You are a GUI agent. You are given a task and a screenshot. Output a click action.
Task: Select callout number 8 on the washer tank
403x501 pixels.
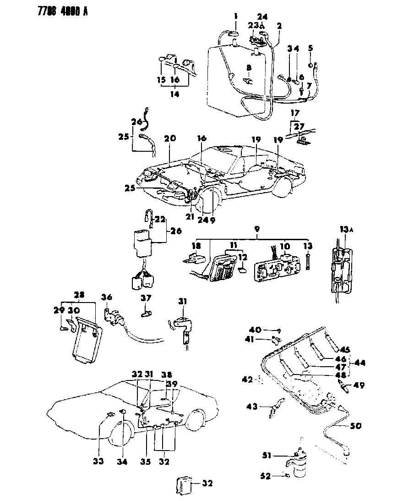point(249,67)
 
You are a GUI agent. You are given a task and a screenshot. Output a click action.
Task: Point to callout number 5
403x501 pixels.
point(310,48)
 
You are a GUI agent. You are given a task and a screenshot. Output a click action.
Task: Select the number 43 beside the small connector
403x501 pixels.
point(252,406)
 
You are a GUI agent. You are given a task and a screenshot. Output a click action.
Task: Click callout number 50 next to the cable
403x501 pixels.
point(355,426)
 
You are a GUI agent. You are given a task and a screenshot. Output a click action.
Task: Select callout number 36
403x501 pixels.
point(106,297)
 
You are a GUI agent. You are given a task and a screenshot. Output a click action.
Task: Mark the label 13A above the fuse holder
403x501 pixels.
point(347,229)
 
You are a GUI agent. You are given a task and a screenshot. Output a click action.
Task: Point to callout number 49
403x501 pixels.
point(359,385)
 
